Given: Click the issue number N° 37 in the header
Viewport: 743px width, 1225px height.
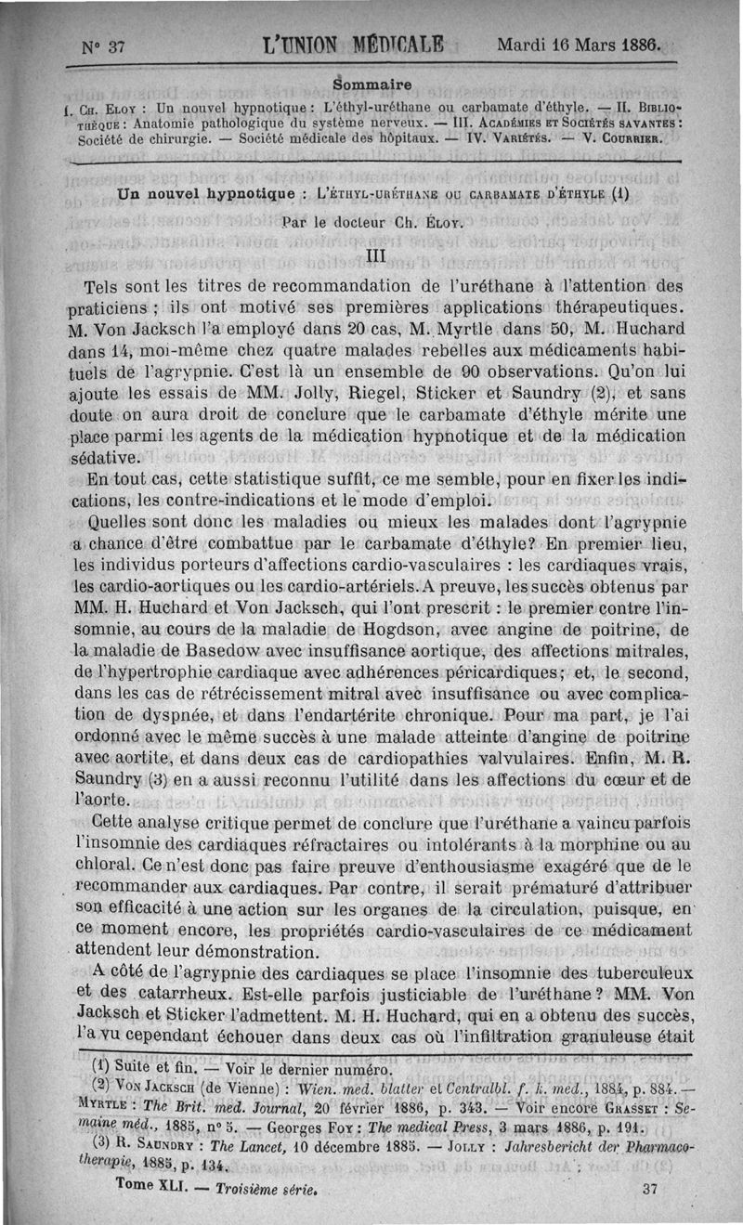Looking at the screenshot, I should (103, 48).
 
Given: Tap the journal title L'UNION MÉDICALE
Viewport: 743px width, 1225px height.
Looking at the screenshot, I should (354, 46).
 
